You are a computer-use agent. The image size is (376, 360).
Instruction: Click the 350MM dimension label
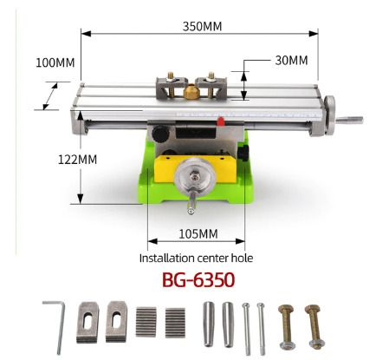click(x=202, y=27)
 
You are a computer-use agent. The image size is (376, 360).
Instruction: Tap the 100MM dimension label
click(x=55, y=62)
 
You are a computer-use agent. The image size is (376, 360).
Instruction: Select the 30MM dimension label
click(x=291, y=61)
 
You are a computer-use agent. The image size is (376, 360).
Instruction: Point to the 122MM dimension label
click(x=77, y=160)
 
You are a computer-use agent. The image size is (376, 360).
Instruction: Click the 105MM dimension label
click(x=198, y=234)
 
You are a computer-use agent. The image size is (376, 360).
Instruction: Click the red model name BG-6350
click(x=198, y=280)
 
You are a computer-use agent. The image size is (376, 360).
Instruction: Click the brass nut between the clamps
click(x=191, y=92)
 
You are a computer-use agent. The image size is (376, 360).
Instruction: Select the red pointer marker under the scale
click(x=221, y=121)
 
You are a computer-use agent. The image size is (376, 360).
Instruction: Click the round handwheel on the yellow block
click(x=195, y=176)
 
